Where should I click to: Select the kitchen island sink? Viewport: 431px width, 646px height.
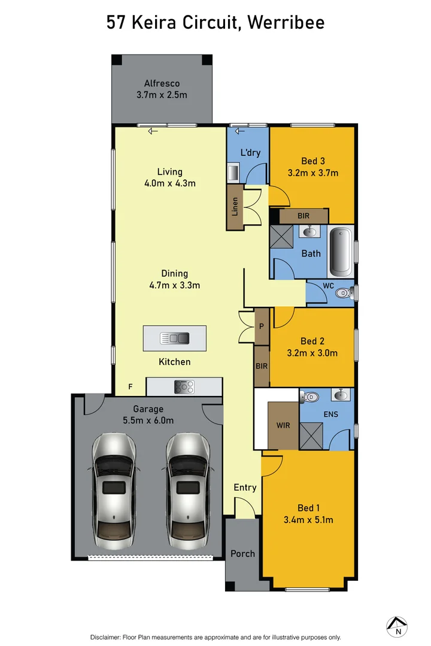174,338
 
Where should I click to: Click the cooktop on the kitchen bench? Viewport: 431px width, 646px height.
184,387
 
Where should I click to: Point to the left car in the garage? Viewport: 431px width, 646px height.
113,491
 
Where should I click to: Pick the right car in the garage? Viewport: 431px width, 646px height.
188,491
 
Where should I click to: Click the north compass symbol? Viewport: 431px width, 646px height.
397,627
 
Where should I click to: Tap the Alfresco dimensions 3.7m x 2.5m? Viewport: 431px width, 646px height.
162,95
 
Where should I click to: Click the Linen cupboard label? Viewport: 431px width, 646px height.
235,207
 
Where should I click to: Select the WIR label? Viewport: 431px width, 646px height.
283,425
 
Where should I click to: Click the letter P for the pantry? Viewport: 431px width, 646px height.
262,327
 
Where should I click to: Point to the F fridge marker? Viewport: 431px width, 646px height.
130,386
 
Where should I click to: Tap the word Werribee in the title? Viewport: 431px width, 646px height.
286,22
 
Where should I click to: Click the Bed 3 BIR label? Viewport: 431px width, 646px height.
303,215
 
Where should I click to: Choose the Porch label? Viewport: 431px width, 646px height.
242,554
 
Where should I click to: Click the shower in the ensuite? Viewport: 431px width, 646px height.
311,436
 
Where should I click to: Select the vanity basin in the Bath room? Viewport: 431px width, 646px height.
309,231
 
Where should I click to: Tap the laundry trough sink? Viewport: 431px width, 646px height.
233,172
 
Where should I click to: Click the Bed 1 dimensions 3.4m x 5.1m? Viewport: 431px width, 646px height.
308,520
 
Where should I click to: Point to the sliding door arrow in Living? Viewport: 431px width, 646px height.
153,132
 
